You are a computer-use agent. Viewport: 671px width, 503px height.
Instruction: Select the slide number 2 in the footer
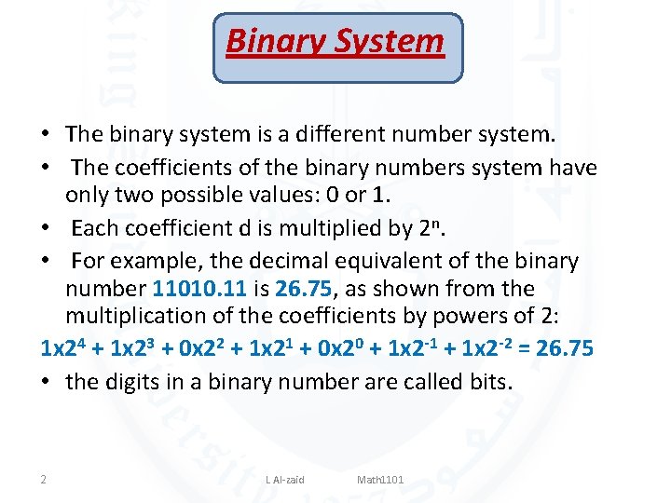tap(44, 480)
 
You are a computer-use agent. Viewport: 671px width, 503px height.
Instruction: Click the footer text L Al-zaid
tap(285, 480)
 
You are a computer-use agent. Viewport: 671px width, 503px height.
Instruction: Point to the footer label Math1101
tap(380, 480)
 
